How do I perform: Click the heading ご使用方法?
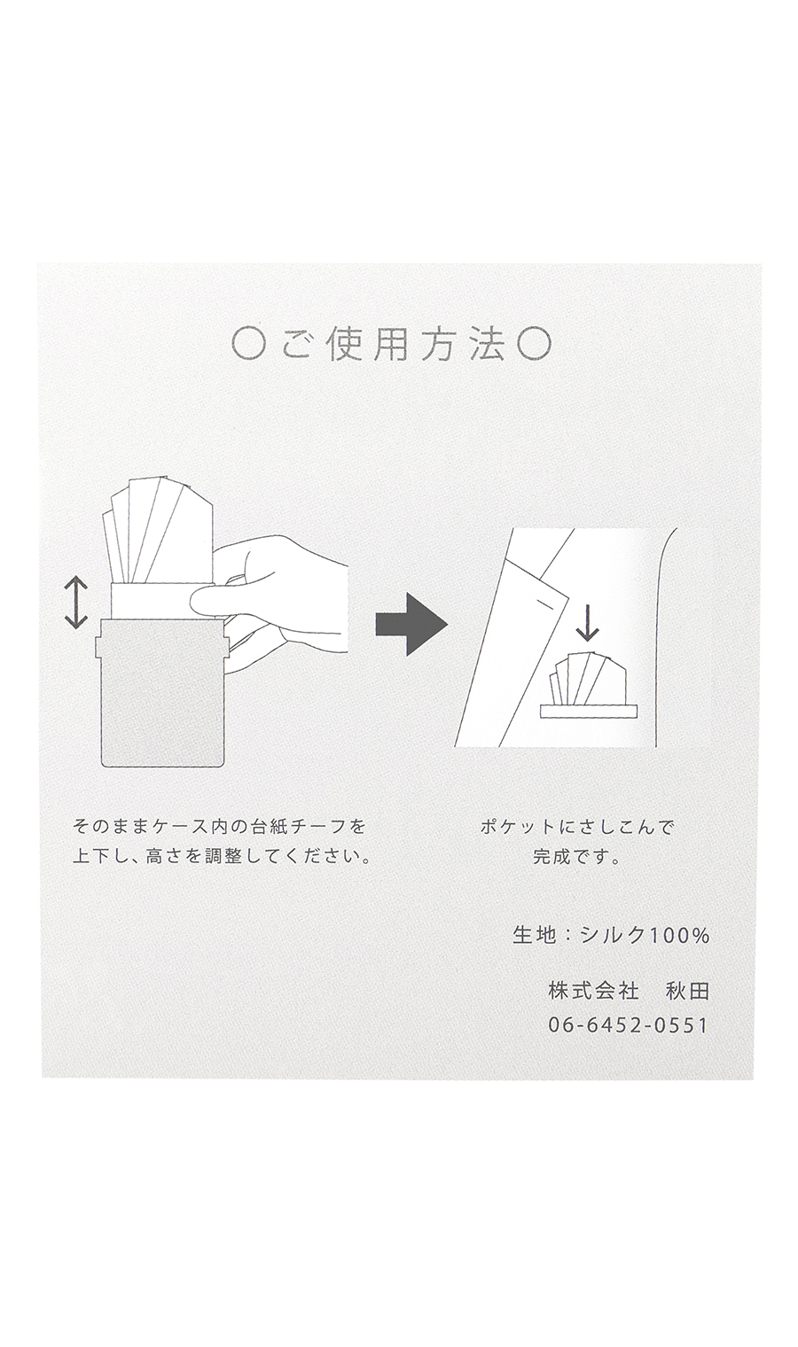393,346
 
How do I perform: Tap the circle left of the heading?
246,346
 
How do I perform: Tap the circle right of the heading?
535,346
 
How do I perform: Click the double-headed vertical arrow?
76,602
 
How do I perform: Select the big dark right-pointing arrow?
411,624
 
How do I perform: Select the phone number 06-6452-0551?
628,1024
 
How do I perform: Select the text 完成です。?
576,856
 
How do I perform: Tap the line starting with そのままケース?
219,827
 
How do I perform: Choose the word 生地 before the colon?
534,935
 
